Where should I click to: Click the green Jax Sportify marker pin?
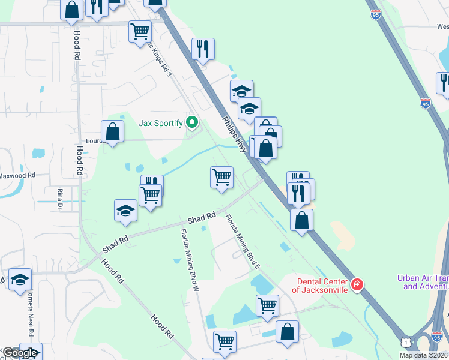click(x=192, y=123)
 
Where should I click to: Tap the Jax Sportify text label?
click(x=161, y=123)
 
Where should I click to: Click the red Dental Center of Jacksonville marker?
click(x=357, y=284)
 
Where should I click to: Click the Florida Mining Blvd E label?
click(x=243, y=241)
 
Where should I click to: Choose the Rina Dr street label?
click(x=60, y=197)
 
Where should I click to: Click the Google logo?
click(x=20, y=353)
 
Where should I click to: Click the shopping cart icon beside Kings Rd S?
click(x=140, y=31)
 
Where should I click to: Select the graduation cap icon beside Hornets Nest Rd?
click(x=20, y=280)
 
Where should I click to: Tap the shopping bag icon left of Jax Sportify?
click(x=112, y=130)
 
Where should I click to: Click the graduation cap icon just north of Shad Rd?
click(x=125, y=211)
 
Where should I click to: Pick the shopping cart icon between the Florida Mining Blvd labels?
click(x=221, y=177)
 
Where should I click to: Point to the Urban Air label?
click(x=423, y=282)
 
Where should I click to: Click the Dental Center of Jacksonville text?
click(x=320, y=286)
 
